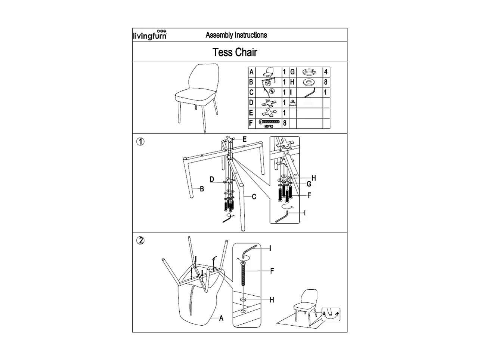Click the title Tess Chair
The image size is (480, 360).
point(235,52)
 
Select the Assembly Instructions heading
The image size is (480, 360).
point(236,35)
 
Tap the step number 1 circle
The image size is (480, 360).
point(140,142)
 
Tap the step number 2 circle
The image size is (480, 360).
point(140,241)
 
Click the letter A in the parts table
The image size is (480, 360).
point(251,72)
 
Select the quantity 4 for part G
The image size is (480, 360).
point(326,72)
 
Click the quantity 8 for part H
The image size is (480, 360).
point(326,82)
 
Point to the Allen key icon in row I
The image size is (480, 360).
point(310,93)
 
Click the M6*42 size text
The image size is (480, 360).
point(269,126)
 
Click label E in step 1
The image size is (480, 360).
point(245,139)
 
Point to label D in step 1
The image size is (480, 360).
point(212,179)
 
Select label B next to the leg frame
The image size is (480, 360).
point(202,189)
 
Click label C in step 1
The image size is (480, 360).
point(254,197)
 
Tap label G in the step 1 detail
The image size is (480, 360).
point(309,184)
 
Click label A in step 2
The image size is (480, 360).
point(221,318)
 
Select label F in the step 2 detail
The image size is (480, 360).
point(272,271)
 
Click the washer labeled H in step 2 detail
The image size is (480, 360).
point(243,299)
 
